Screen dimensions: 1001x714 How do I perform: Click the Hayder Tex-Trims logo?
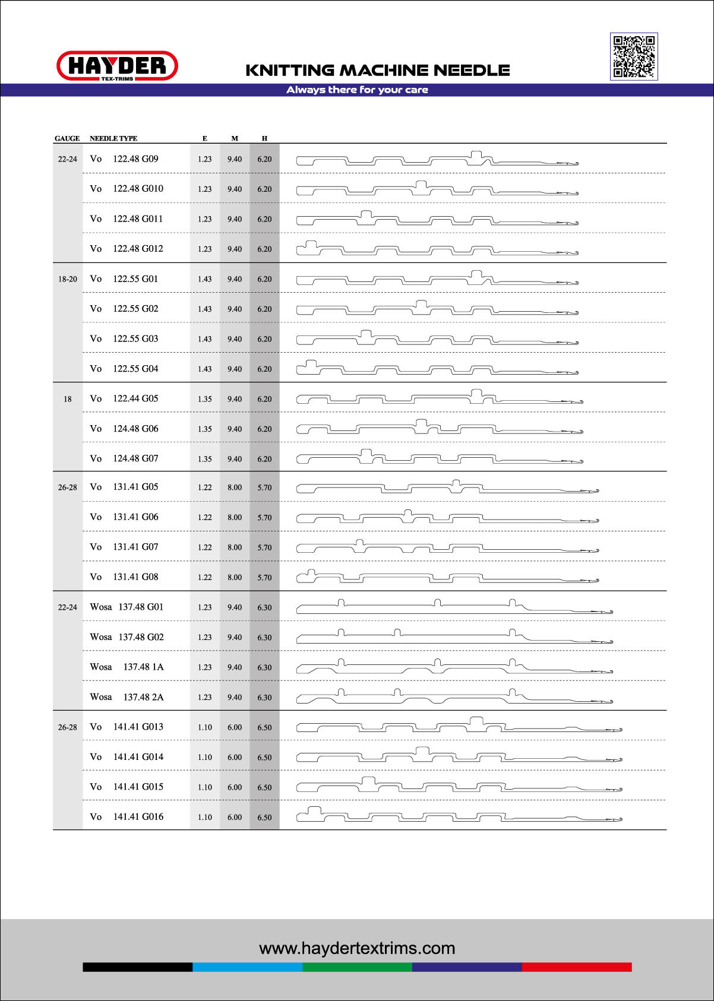[x=117, y=66]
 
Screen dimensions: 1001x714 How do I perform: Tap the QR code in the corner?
[x=634, y=56]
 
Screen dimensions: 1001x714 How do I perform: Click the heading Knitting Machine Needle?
[x=378, y=70]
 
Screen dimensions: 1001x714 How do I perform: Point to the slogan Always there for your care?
[x=357, y=90]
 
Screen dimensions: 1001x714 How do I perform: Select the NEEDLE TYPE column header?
[x=113, y=138]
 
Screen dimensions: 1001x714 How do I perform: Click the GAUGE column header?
[x=67, y=138]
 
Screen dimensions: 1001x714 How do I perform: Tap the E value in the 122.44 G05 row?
[x=205, y=399]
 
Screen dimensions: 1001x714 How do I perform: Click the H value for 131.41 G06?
[x=264, y=518]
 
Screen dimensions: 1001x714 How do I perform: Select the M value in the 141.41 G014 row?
[x=235, y=758]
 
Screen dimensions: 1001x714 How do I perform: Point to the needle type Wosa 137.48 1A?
[x=127, y=667]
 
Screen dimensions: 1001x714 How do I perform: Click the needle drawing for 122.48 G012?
[x=437, y=248]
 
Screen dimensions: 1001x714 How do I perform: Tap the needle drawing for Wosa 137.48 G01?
[x=454, y=607]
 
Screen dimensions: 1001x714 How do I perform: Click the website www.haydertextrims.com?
[x=357, y=948]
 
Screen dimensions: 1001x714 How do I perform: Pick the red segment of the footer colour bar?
[x=576, y=967]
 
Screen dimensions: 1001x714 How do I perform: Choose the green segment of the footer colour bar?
[x=357, y=967]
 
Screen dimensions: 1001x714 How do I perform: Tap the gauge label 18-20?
[x=68, y=279]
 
